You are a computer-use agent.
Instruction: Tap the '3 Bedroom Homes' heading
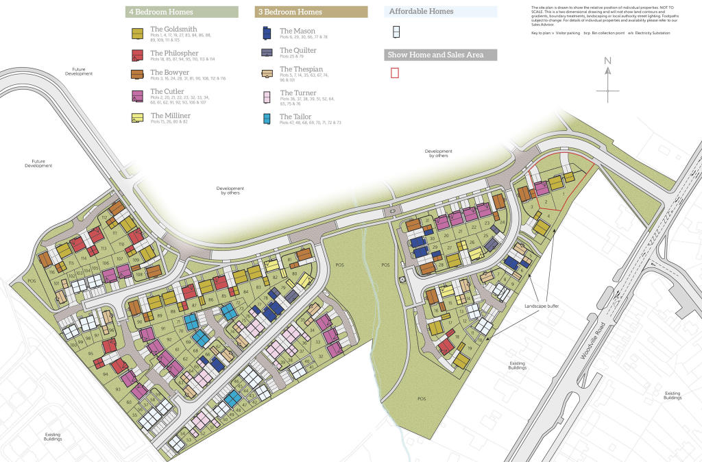(290, 12)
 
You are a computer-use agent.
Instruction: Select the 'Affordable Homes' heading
(421, 12)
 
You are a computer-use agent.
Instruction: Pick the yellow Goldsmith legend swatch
(137, 33)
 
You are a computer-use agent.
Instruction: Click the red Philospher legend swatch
(137, 55)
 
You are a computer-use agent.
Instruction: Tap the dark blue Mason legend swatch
(267, 33)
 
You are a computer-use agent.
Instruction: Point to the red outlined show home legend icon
(395, 73)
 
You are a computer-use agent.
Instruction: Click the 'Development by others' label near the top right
(438, 154)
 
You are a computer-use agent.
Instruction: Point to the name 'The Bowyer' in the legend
(170, 72)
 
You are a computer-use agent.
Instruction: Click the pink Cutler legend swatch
(137, 97)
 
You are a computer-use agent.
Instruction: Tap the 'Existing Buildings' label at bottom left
(53, 435)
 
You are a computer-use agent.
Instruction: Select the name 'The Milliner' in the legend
(170, 116)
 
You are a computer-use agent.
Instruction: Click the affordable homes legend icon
(395, 32)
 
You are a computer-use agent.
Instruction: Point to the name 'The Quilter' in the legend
(298, 50)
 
